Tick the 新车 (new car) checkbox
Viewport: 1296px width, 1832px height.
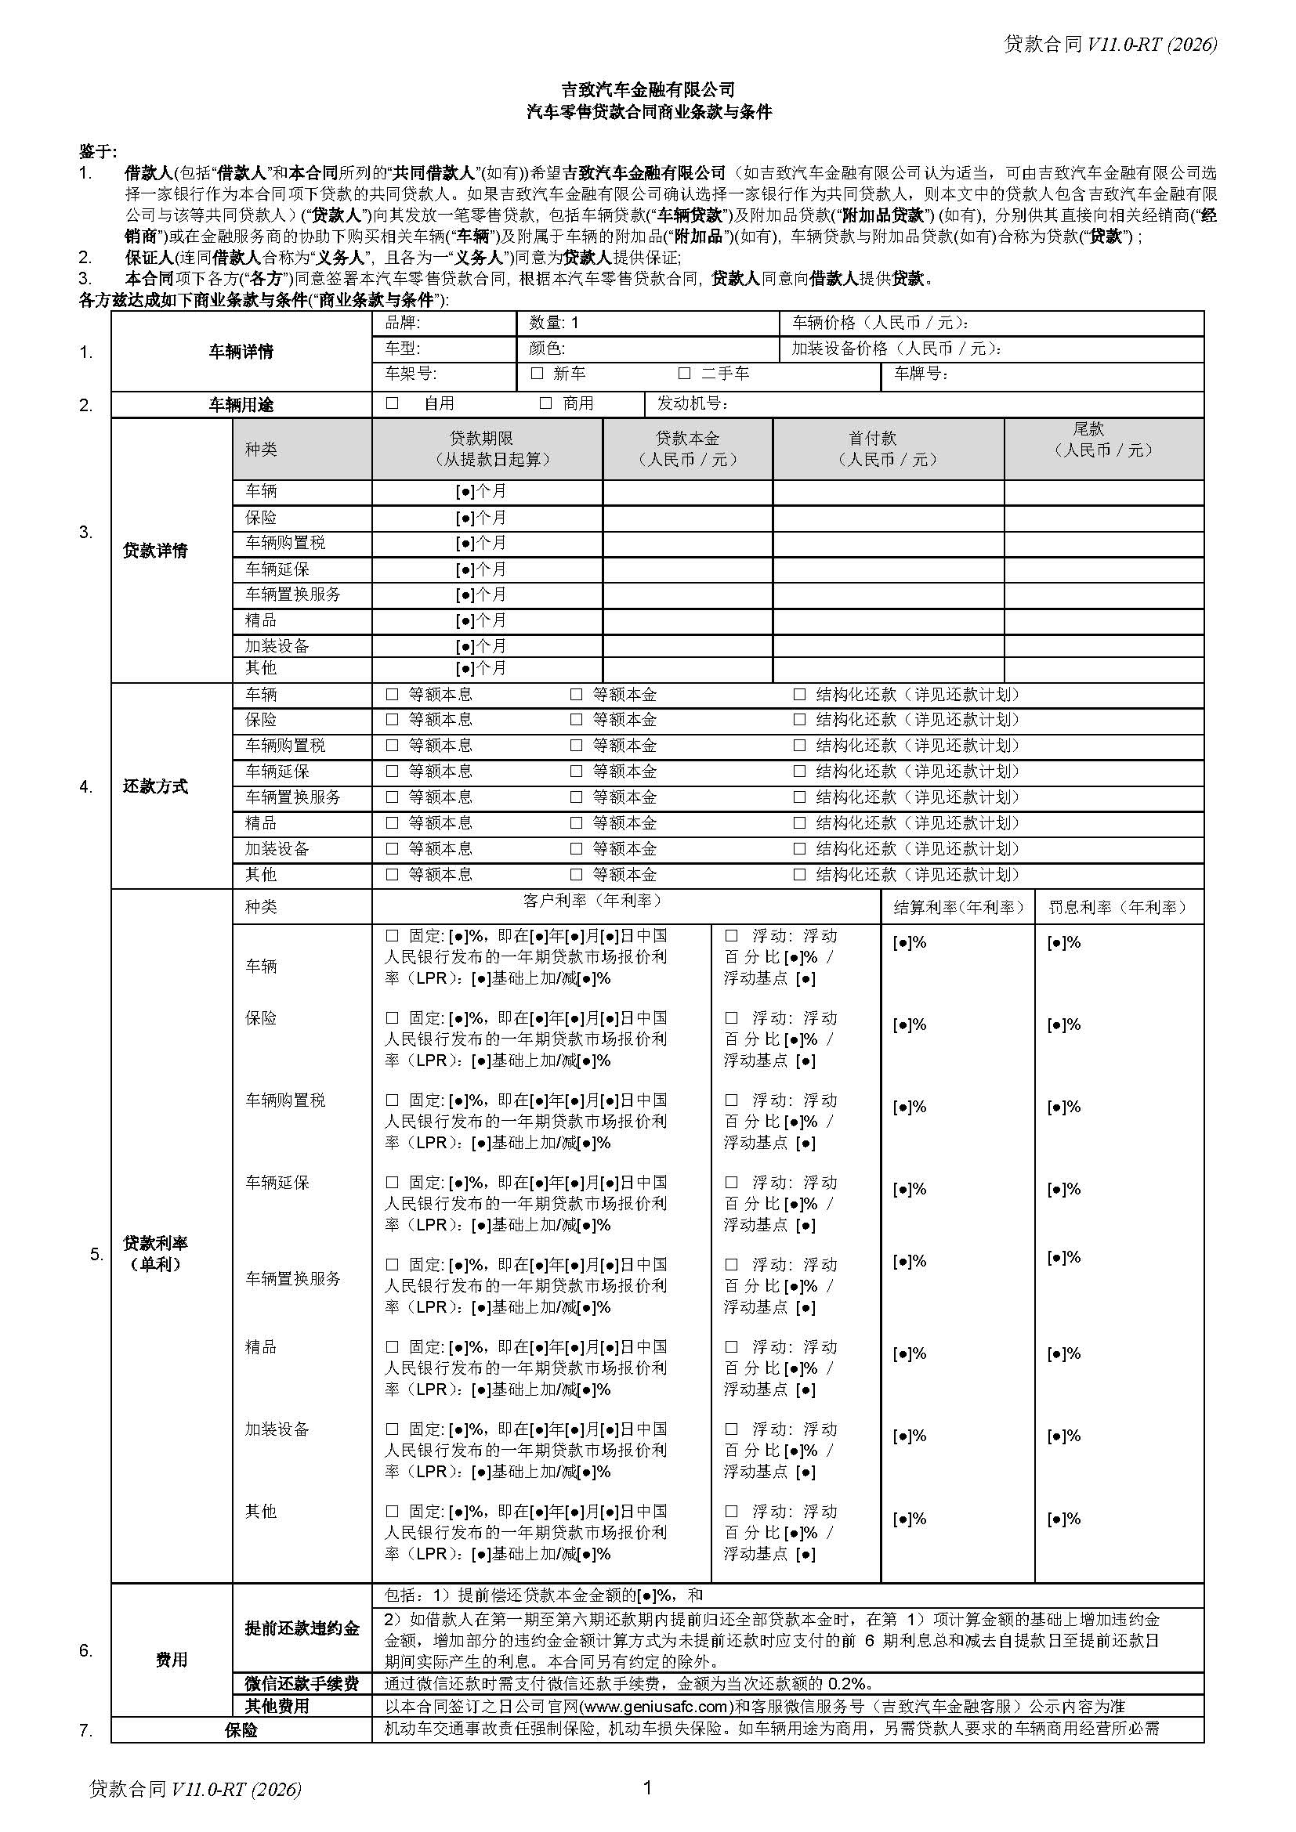(537, 374)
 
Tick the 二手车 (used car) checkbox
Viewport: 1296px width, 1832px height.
(684, 374)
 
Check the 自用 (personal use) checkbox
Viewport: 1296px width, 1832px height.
(392, 403)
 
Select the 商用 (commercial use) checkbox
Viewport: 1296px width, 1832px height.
(546, 403)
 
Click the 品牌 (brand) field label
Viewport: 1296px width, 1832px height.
(402, 323)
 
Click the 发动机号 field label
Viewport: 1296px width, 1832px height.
(692, 403)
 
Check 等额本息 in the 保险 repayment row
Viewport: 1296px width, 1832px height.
(392, 720)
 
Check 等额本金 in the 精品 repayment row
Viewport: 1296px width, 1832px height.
(576, 822)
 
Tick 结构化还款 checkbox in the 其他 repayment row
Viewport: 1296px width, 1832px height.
(798, 875)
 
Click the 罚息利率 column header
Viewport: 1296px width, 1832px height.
(1118, 907)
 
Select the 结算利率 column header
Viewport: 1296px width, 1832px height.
(958, 907)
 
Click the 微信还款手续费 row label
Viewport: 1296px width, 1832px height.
(302, 1684)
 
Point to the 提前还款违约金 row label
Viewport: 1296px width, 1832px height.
(302, 1628)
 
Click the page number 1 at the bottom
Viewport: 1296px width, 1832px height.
(647, 1788)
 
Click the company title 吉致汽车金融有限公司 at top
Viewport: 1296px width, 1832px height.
(648, 89)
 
